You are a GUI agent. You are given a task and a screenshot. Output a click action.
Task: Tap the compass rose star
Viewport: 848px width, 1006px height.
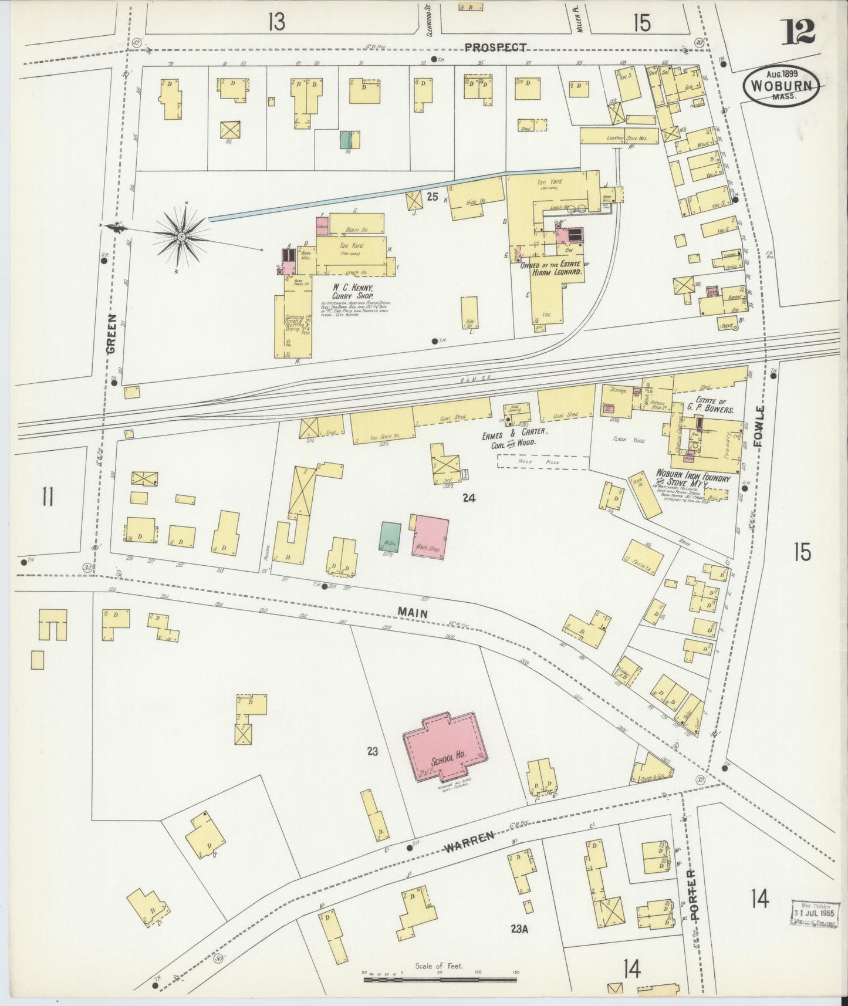pyautogui.click(x=181, y=236)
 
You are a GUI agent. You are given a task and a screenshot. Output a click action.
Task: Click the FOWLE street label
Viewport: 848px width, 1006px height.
pyautogui.click(x=760, y=427)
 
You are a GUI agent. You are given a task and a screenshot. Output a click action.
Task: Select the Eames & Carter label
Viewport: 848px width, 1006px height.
pyautogui.click(x=515, y=437)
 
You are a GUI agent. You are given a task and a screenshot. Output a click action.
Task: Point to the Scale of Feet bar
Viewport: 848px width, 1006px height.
pyautogui.click(x=440, y=978)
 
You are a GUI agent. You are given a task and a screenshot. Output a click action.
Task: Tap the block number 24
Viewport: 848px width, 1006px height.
pyautogui.click(x=468, y=498)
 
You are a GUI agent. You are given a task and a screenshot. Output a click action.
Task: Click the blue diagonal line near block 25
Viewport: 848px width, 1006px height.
pyautogui.click(x=393, y=194)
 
